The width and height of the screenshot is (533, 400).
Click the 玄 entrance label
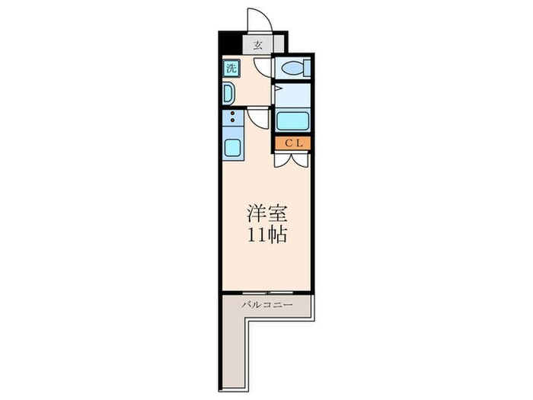258,44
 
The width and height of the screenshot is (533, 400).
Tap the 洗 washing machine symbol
231,68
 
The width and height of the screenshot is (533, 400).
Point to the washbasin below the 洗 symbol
228,93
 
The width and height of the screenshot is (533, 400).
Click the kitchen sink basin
231,147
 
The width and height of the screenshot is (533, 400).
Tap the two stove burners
231,120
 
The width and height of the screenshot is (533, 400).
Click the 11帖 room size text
266,235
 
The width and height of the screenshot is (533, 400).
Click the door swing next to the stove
257,119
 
